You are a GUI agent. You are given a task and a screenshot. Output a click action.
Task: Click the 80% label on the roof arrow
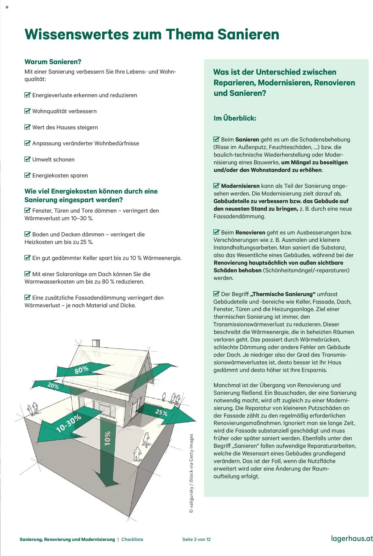tap(81, 370)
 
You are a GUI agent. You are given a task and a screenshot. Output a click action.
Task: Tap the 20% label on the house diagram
tap(53, 385)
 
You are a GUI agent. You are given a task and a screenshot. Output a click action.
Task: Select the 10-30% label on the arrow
tap(69, 423)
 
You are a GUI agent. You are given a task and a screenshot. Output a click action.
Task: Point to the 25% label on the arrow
tap(161, 412)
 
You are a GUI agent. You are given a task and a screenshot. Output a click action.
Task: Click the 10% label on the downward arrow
tap(108, 438)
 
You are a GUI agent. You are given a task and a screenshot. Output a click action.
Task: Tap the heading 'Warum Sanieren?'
tap(53, 62)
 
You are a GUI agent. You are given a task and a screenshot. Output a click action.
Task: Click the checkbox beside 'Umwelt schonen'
tap(27, 159)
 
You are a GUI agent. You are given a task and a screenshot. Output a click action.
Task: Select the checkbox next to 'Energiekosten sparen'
tap(27, 175)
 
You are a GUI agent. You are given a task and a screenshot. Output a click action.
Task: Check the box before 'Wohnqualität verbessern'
tap(27, 111)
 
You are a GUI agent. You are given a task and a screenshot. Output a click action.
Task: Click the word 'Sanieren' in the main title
tap(248, 34)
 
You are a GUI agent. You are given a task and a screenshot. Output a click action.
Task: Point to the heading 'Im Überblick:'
tap(235, 118)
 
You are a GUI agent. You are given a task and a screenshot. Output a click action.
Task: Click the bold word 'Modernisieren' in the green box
tap(240, 186)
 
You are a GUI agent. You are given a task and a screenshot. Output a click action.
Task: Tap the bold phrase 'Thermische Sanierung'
tap(283, 294)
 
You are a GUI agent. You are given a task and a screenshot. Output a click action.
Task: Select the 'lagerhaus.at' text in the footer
tap(352, 538)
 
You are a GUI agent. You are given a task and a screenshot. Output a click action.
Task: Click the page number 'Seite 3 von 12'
tap(196, 539)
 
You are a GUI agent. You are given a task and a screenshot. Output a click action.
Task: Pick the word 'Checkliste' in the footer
tap(132, 539)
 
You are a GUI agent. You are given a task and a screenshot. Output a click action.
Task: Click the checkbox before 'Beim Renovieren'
tap(216, 232)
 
